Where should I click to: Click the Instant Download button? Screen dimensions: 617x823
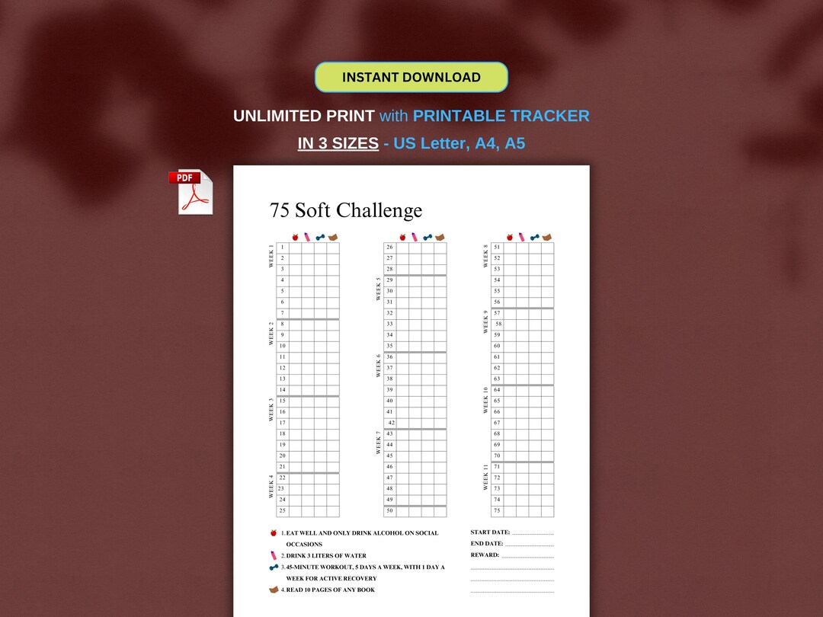click(x=411, y=77)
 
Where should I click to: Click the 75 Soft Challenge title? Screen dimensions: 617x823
click(x=345, y=210)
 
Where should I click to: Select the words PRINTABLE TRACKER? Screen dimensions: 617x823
click(x=501, y=116)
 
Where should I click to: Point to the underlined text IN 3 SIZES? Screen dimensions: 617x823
click(x=338, y=142)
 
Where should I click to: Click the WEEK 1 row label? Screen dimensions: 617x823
click(x=271, y=257)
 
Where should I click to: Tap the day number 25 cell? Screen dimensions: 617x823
click(x=282, y=510)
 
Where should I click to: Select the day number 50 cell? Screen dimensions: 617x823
click(x=389, y=510)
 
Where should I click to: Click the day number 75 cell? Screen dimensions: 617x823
click(x=497, y=510)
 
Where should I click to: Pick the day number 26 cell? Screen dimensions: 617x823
click(x=389, y=248)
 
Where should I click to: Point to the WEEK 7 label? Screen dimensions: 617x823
click(x=378, y=443)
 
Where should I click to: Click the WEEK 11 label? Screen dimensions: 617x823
click(x=485, y=477)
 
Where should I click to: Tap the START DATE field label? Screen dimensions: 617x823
click(x=490, y=532)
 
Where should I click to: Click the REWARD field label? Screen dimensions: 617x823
click(x=485, y=555)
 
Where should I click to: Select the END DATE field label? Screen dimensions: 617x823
click(x=487, y=544)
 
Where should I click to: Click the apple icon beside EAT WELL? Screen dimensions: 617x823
click(x=273, y=533)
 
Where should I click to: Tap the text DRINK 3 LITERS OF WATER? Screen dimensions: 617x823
click(x=326, y=556)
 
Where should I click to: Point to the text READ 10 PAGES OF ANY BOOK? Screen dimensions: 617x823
click(x=330, y=590)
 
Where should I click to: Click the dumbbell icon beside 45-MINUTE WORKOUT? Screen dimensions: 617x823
click(x=273, y=567)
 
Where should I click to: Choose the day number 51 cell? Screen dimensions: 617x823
click(x=497, y=248)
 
